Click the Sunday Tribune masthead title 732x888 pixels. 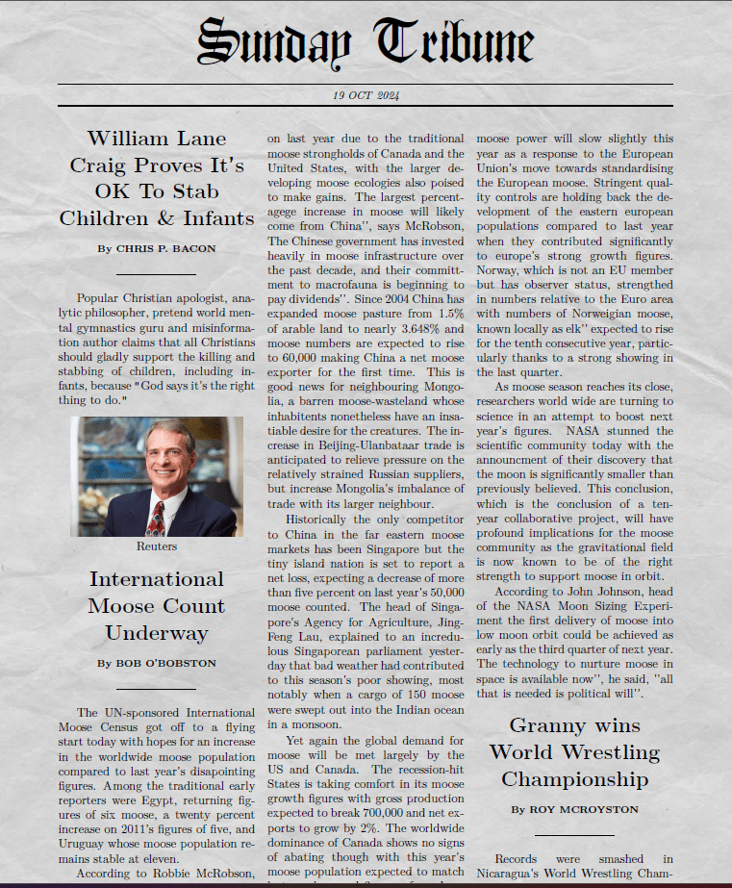coord(366,43)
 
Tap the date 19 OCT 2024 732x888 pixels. coord(366,95)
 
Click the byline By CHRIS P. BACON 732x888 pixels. coord(156,248)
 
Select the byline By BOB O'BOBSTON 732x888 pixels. coord(156,663)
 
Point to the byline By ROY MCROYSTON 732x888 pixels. coord(574,809)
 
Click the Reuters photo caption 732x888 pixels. coord(156,545)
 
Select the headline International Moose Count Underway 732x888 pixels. coord(156,605)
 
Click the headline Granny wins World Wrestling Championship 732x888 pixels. coord(574,751)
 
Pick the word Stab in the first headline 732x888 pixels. coord(196,190)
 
